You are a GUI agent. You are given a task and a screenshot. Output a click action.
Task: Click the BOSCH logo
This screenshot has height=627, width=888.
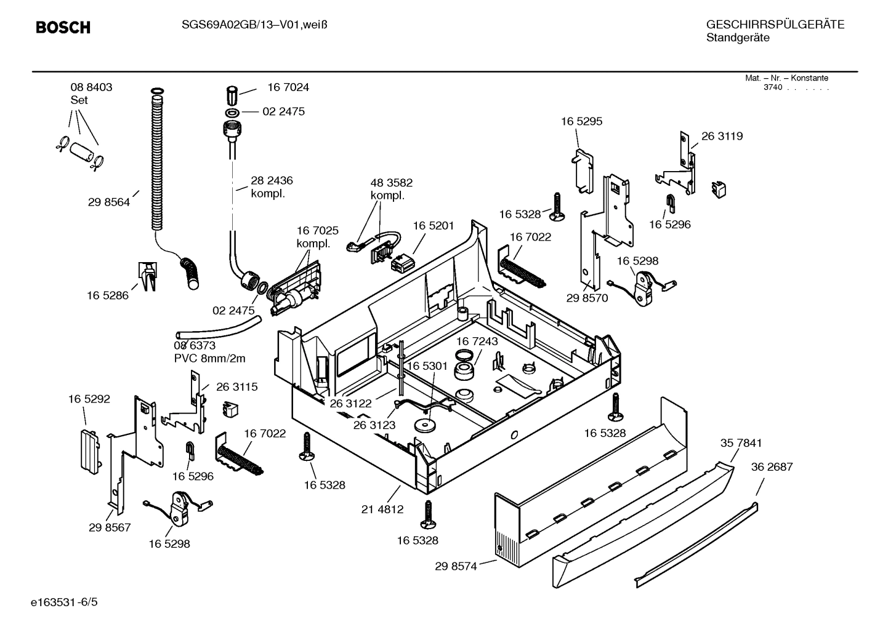(x=63, y=28)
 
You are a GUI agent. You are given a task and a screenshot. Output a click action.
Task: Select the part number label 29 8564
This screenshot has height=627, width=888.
(x=109, y=202)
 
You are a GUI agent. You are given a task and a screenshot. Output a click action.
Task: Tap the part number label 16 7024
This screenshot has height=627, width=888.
(x=288, y=87)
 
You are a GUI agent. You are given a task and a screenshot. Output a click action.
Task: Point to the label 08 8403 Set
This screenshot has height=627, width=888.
(x=91, y=94)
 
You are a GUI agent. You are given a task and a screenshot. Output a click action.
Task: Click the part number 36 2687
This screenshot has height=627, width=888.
(x=772, y=467)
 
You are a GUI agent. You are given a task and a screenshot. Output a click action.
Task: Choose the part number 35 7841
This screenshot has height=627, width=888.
(x=741, y=443)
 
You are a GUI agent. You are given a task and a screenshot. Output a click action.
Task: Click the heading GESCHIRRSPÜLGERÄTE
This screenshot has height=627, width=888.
(x=775, y=25)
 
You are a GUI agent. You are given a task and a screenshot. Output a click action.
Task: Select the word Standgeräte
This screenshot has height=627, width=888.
(x=737, y=38)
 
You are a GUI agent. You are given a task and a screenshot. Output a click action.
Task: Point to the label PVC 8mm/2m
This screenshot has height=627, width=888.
(x=209, y=359)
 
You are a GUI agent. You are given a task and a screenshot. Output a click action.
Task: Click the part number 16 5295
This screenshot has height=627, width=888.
(x=581, y=122)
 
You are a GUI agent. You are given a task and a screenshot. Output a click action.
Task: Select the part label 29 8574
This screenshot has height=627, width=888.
(x=456, y=567)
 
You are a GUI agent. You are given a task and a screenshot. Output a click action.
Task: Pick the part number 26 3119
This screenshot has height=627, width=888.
(x=722, y=137)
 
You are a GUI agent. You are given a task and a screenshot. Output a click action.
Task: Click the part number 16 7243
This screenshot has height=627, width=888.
(x=477, y=341)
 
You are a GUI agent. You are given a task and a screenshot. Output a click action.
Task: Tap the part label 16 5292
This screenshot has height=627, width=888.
(x=89, y=399)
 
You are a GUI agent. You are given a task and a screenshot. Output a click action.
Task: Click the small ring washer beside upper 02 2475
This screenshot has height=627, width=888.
(x=233, y=113)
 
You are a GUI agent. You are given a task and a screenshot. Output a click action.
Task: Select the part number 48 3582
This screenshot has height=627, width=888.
(x=391, y=183)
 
